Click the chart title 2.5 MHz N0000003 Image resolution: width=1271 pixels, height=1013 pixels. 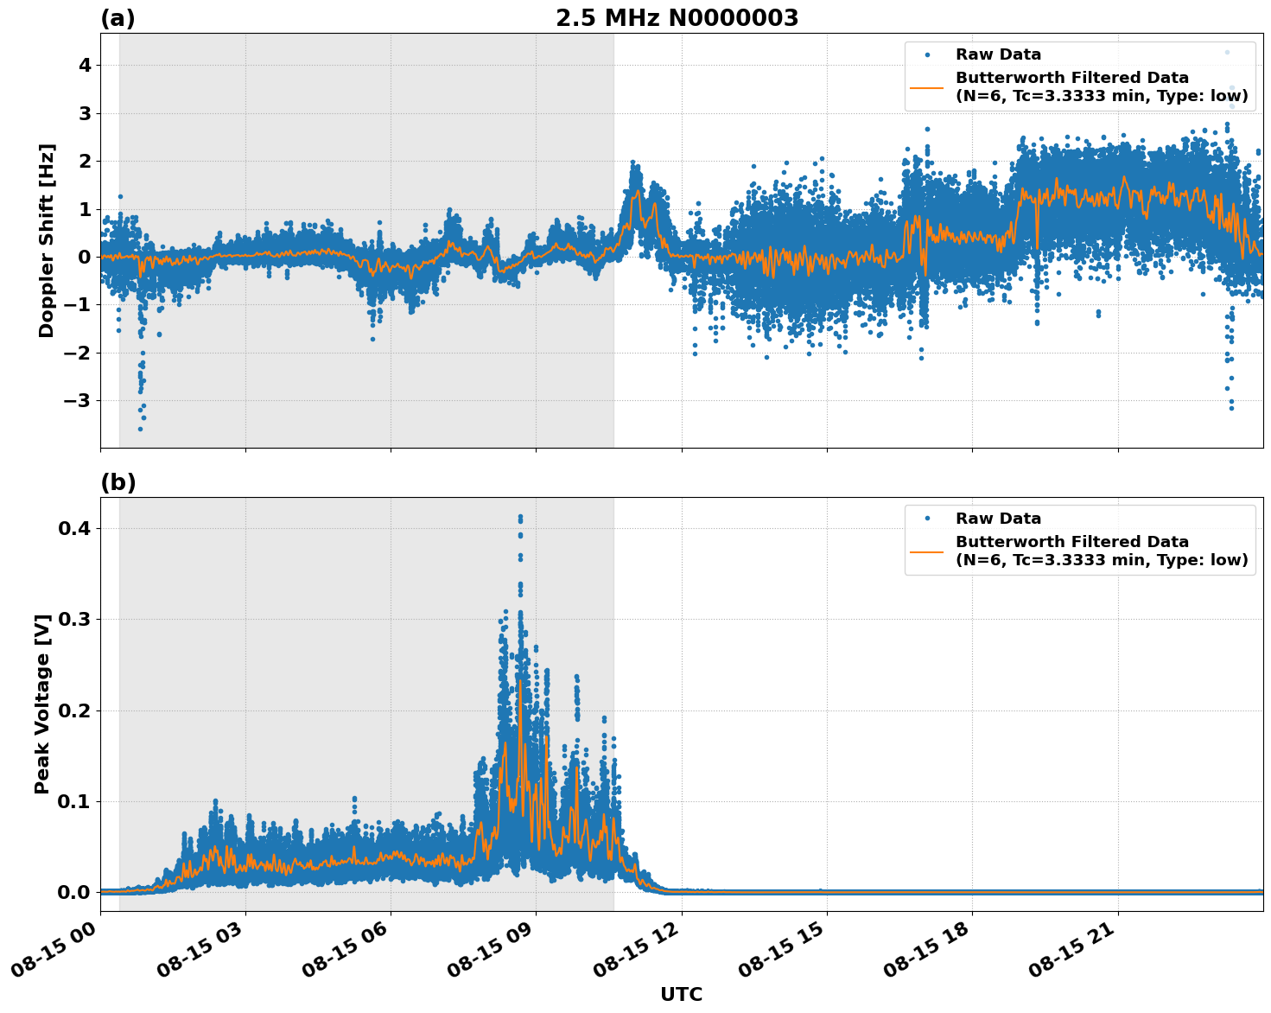[x=677, y=18]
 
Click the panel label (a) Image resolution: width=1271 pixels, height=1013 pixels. [x=118, y=18]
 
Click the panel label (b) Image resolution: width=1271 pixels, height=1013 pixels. [x=118, y=482]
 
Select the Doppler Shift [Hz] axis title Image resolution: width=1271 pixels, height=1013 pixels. [x=47, y=240]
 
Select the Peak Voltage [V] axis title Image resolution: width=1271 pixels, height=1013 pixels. [x=42, y=704]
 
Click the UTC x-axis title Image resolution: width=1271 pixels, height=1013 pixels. [x=681, y=994]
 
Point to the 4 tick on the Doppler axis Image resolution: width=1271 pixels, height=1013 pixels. [x=85, y=66]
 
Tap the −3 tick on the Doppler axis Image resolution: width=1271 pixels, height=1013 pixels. [x=78, y=401]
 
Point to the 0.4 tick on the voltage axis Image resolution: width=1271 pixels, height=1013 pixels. [x=75, y=528]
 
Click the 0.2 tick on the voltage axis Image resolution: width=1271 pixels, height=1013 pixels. [x=75, y=710]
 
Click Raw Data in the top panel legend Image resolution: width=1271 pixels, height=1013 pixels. [x=998, y=54]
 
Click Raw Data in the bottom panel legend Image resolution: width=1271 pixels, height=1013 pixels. [x=998, y=519]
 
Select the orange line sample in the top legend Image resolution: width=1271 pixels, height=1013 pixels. [x=926, y=87]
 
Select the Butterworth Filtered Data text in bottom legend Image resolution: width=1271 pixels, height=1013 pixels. [x=1071, y=542]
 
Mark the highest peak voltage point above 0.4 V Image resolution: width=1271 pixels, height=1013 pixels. [x=520, y=517]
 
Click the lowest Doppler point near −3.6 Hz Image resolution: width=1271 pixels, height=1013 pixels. [x=140, y=429]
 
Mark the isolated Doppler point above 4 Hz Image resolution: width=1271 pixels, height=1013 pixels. [x=1226, y=52]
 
